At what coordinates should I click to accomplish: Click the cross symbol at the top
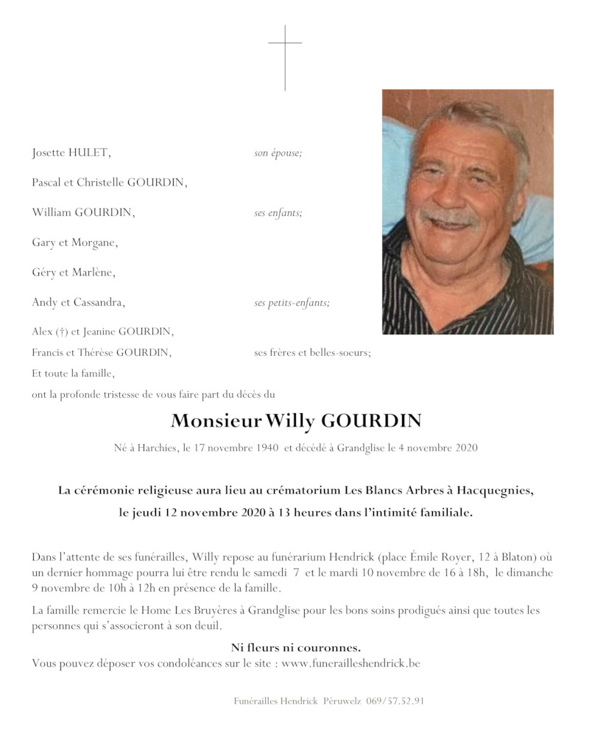(285, 57)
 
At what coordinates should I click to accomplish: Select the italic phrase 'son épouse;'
(278, 153)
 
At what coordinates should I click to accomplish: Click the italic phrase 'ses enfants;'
(278, 213)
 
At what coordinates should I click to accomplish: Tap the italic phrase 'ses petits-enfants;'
(292, 302)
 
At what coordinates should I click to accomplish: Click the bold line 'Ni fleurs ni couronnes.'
(295, 648)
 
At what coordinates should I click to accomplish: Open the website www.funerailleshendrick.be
(351, 664)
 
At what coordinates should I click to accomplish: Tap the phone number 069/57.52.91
(395, 701)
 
